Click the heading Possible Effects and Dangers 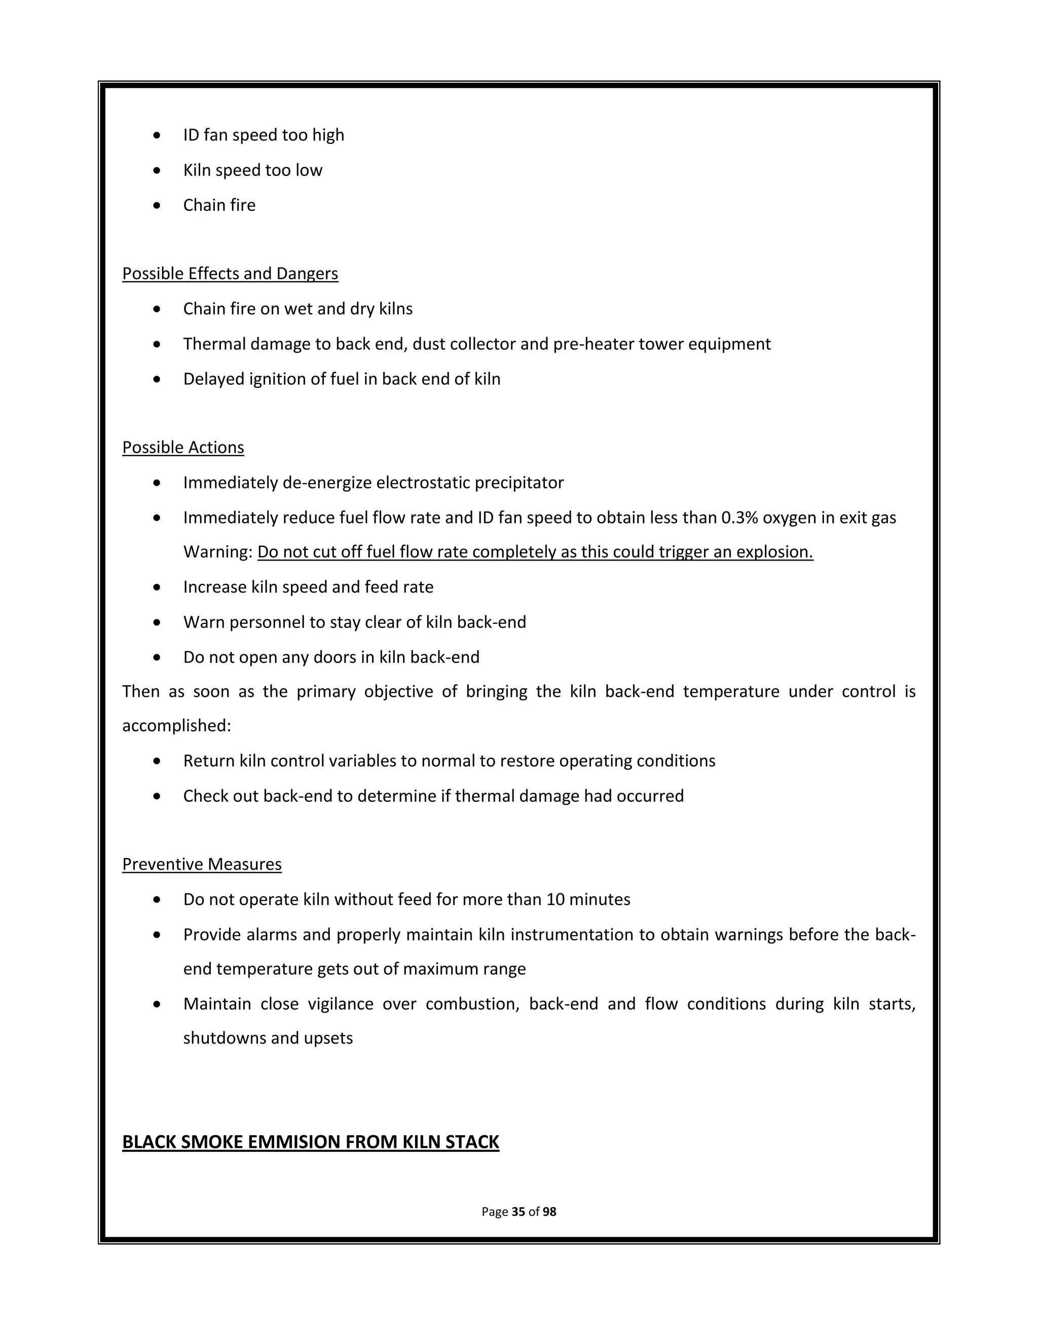(230, 274)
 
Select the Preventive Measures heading (202, 865)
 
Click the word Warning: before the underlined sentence (217, 552)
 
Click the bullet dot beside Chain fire (158, 205)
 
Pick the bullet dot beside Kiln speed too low (158, 170)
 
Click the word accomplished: (176, 726)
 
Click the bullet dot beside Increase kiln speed (158, 588)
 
